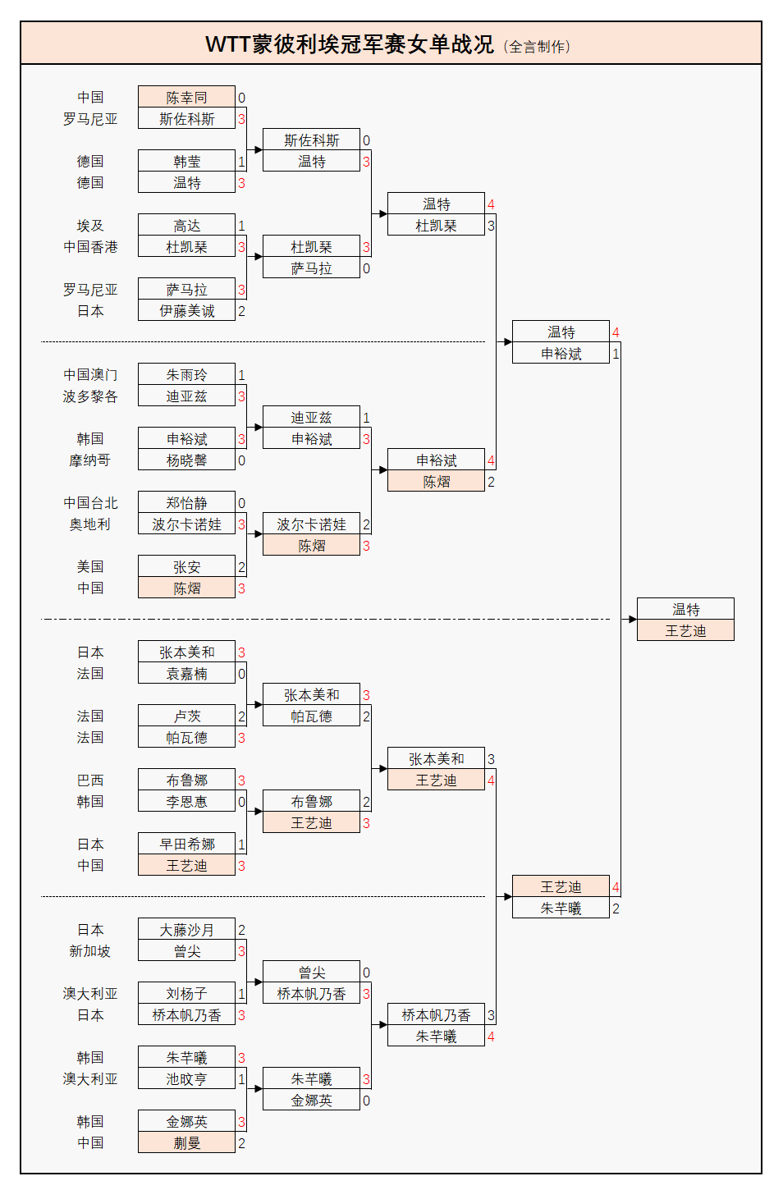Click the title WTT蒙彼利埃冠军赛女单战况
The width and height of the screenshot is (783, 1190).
[350, 44]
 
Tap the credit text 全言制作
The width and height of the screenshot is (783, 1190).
[538, 47]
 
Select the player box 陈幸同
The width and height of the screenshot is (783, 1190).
[186, 97]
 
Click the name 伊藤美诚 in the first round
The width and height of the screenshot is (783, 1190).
[186, 310]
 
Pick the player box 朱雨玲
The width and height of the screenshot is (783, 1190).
[186, 374]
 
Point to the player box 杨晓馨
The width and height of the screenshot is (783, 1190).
[186, 460]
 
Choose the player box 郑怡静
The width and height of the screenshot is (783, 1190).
[186, 502]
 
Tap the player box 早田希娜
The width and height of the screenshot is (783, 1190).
[186, 844]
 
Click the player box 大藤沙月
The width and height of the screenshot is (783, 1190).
[186, 929]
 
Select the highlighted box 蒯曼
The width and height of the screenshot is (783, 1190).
[186, 1142]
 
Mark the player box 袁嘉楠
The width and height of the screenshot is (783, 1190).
[186, 673]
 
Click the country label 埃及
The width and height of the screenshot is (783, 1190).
[90, 225]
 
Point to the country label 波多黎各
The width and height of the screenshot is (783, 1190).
[90, 396]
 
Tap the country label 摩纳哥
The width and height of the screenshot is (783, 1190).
[90, 460]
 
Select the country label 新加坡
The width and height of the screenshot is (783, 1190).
[90, 950]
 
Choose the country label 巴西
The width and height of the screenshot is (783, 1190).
[90, 780]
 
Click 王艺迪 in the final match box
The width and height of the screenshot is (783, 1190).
[685, 630]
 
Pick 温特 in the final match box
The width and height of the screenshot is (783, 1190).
[685, 609]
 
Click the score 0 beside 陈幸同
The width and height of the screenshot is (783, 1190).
[241, 98]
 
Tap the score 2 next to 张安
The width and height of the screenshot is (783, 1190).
[241, 567]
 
